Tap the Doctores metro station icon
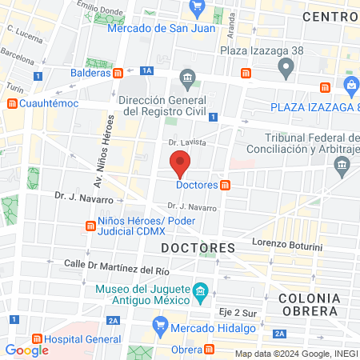click(226, 186)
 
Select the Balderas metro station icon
click(118, 73)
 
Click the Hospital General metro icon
click(34, 338)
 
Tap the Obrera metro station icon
click(210, 350)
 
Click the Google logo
click(26, 350)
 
